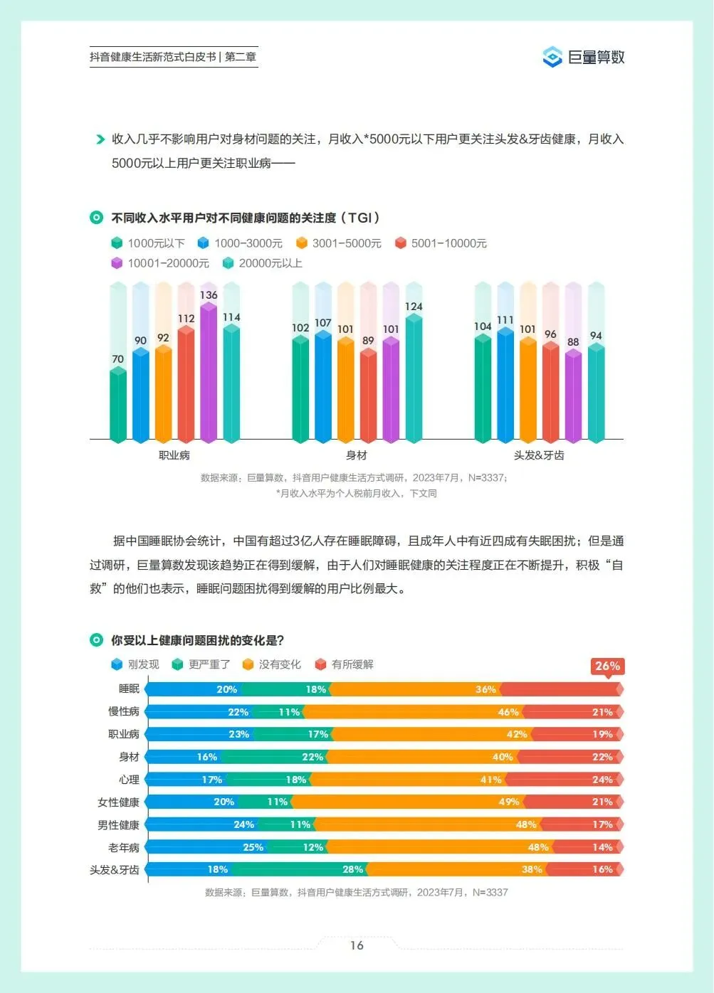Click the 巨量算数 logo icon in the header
point(552,57)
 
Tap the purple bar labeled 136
point(209,373)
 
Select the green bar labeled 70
point(118,405)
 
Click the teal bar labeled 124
point(414,378)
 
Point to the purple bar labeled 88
point(573,396)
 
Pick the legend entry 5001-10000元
point(441,243)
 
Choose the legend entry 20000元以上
point(262,263)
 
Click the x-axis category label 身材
point(357,455)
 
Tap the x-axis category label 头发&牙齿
point(539,455)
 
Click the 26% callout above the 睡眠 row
point(607,667)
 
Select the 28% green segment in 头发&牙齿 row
point(298,869)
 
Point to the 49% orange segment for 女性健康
point(407,802)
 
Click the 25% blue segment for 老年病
point(206,846)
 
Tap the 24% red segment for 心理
point(565,780)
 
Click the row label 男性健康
point(118,824)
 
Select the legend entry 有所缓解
point(345,664)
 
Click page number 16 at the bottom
point(357,945)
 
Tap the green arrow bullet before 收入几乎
point(100,139)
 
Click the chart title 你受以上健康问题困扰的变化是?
point(197,640)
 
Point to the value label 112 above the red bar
point(187,318)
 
